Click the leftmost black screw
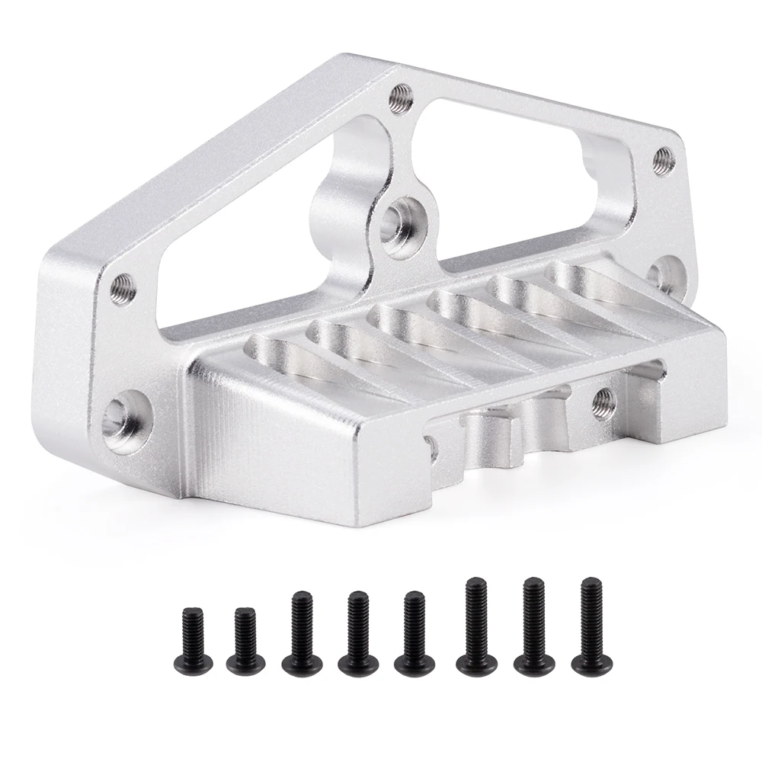pos(190,637)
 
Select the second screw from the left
pos(245,641)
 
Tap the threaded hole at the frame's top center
pos(401,98)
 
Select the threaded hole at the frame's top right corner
pos(664,159)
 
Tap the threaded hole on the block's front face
pos(604,401)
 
